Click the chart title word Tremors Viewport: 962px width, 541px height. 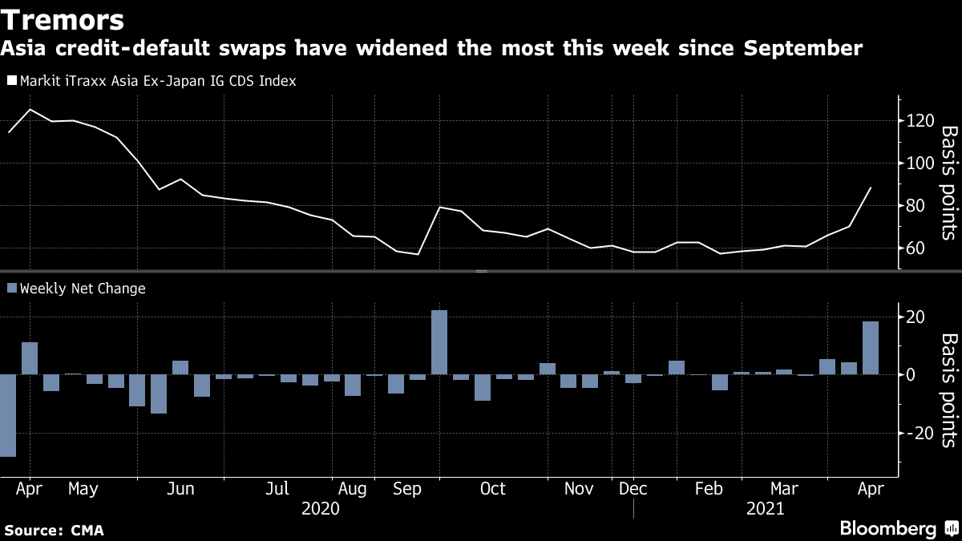coord(63,18)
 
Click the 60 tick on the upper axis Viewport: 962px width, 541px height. coord(916,248)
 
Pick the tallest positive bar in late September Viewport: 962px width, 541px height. coord(439,342)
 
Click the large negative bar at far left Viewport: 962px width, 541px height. coord(8,415)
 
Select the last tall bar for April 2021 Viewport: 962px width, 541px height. coord(871,348)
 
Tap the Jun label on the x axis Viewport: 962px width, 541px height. coord(180,489)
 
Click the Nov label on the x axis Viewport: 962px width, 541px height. coord(578,489)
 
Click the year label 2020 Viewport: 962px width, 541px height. coord(320,509)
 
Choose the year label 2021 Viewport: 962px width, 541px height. coord(766,509)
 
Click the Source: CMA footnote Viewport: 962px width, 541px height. coord(54,531)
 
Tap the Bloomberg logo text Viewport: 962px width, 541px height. coord(887,529)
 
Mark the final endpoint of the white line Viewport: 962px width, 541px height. coord(871,188)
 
